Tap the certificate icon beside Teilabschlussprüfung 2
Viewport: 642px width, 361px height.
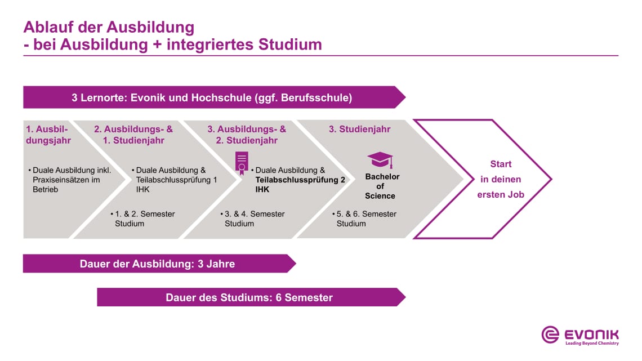[x=242, y=161]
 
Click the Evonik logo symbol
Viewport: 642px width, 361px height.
[x=550, y=335]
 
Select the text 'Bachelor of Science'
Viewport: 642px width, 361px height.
[x=380, y=186]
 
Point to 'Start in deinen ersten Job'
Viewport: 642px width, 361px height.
[x=501, y=180]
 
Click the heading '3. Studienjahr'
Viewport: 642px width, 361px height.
[x=359, y=129]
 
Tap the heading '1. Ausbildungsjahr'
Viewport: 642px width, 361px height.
[x=48, y=135]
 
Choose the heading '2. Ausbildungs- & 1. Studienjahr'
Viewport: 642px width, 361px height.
[x=133, y=135]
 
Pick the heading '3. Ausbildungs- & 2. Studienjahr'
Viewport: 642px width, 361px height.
[x=247, y=135]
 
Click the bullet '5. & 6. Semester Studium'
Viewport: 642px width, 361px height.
[x=366, y=219]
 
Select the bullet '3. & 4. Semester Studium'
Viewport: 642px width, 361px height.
[x=254, y=219]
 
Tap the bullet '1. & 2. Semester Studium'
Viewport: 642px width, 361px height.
[x=144, y=219]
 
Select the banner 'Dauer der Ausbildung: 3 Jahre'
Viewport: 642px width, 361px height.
[x=157, y=264]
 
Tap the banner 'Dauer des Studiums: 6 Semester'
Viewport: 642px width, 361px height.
[x=249, y=297]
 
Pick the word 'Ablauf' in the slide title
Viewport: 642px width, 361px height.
[x=49, y=27]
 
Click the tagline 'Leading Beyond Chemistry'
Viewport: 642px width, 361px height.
[x=591, y=343]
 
